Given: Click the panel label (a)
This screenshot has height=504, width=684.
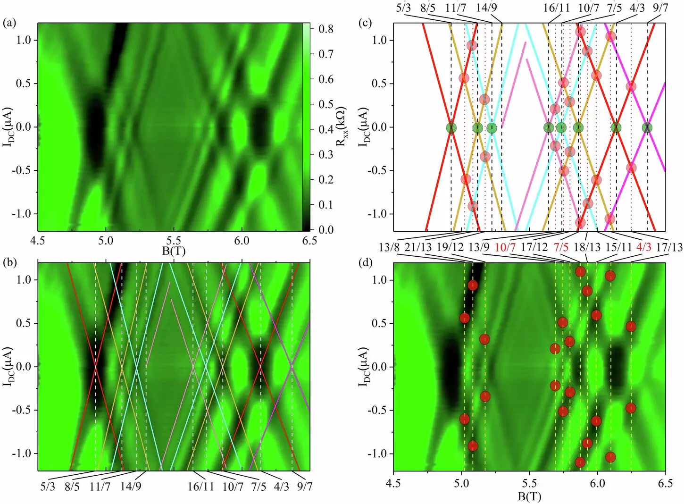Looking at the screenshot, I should pos(9,23).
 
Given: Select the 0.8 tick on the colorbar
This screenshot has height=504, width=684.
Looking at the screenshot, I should pos(325,29).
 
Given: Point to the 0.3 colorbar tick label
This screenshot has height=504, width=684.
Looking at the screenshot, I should pos(325,154).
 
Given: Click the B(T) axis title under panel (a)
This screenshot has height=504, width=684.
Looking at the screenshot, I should pos(174,251).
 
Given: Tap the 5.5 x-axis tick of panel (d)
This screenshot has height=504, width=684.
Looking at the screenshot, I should pos(529,483).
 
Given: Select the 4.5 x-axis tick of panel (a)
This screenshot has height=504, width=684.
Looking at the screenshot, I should pos(37,241).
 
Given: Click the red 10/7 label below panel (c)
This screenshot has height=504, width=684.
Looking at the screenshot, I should pos(505,247).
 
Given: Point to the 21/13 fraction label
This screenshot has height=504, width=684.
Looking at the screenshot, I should pos(418,247).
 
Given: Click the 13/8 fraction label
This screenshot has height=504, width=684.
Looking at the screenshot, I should pos(389,247).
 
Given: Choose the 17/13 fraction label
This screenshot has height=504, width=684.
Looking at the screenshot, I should pos(669,247).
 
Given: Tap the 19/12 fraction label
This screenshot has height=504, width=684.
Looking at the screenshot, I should pos(450,247).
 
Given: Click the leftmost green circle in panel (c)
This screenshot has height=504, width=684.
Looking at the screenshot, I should pos(451,127).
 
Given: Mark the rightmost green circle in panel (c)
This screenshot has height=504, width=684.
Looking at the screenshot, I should pos(647,127).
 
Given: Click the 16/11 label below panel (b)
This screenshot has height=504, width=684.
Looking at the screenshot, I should pos(200,486).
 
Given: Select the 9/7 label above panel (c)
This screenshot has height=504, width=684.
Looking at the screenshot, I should pos(660,8).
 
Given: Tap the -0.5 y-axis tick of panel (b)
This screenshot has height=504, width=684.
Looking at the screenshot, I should pos(22,410).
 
